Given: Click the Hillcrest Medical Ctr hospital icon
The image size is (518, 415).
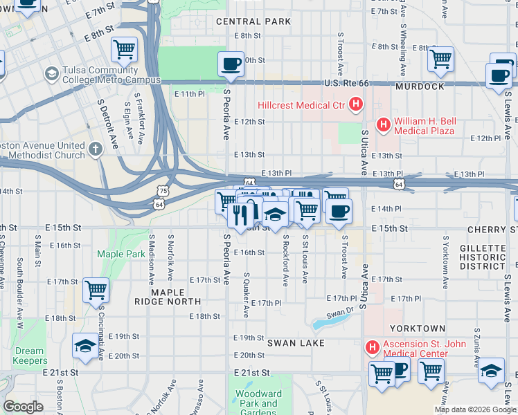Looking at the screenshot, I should click(356, 105).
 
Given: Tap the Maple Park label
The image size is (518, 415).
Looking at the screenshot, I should click(121, 254).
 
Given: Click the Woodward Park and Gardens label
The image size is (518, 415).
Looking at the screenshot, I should click(256, 403).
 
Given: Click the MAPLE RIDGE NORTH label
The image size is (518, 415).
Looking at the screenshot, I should click(176, 297).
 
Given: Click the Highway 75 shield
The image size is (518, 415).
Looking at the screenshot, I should click(162, 190).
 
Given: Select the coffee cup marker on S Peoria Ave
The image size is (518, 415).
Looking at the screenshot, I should click(231, 64).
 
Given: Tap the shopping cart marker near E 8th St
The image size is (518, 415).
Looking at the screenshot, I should click(124, 49).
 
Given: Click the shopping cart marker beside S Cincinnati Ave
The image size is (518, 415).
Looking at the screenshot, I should click(95, 290).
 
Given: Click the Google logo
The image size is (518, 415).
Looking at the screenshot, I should click(23, 407).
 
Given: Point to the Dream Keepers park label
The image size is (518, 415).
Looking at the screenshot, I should click(29, 356).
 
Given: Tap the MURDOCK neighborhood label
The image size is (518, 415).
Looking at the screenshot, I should click(420, 87).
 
